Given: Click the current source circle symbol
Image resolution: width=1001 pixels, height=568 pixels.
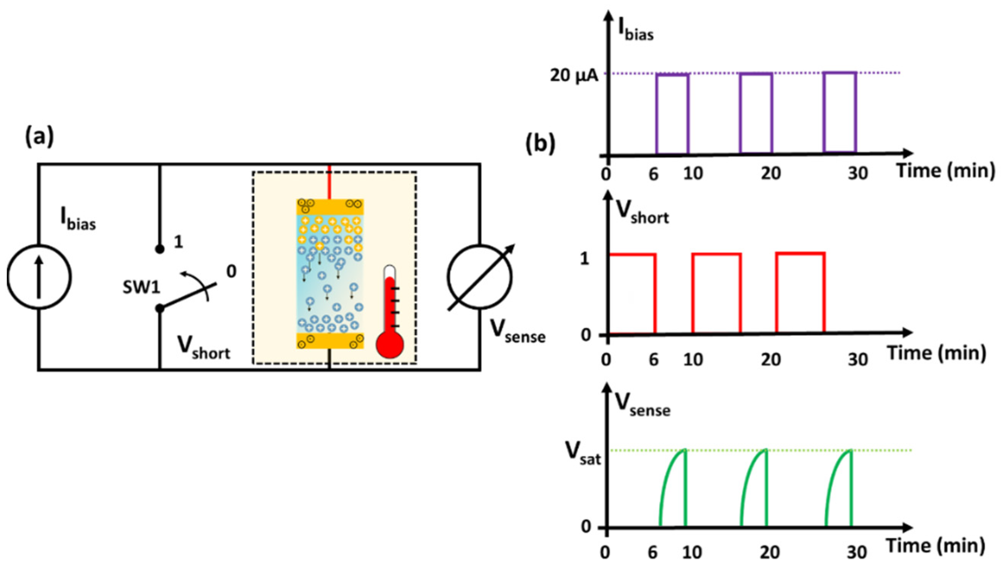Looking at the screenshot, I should pos(39,277).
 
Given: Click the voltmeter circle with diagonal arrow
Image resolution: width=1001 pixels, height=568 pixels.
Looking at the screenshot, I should pos(480,277).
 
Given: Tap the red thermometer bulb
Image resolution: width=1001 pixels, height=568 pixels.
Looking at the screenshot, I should pos(389,345).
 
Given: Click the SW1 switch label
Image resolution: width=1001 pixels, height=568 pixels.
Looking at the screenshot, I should pos(141,288).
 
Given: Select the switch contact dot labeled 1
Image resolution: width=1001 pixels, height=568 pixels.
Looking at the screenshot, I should pos(159,249).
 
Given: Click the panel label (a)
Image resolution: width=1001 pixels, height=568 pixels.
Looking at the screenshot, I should pos(39,138).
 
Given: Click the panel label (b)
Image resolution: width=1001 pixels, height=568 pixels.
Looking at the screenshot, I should pos(540,143).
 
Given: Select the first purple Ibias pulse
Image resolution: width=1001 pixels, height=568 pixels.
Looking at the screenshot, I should pos(673,113).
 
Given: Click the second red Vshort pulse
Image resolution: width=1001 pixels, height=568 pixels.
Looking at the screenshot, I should pos(716,293).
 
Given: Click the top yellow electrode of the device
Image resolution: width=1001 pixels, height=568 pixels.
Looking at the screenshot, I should pos(330,207).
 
